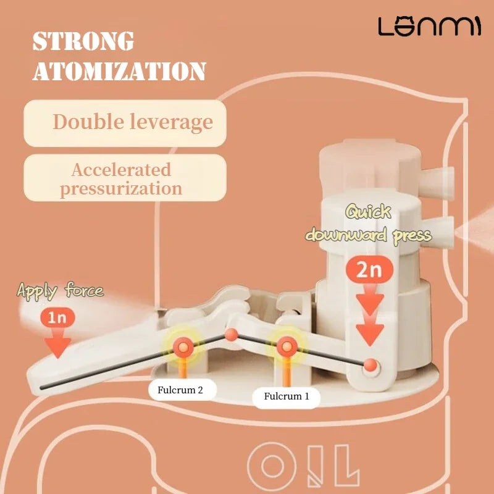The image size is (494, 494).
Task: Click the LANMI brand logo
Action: (x=429, y=26)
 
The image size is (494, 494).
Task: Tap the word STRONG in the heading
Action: (x=83, y=42)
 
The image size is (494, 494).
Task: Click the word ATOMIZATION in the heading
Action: (x=119, y=71)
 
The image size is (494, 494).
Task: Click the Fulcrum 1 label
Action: (x=286, y=396)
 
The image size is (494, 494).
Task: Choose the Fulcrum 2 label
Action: (x=184, y=390)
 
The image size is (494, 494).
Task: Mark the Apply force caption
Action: (x=60, y=291)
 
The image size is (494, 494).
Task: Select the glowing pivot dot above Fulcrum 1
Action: (x=286, y=346)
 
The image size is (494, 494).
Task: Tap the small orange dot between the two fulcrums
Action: (x=231, y=335)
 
